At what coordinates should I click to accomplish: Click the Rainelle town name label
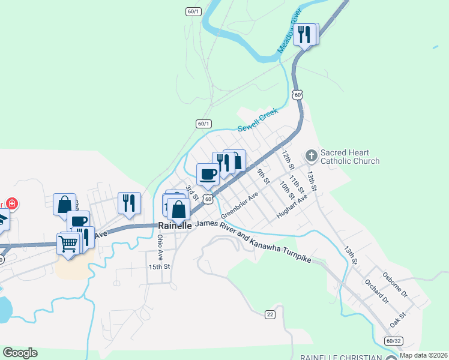click(x=175, y=226)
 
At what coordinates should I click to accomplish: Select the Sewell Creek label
click(x=258, y=120)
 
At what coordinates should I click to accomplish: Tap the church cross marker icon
click(x=311, y=156)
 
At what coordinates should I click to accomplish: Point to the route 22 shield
click(x=270, y=314)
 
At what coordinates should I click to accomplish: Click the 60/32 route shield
click(x=393, y=340)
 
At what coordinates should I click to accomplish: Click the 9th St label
click(x=263, y=177)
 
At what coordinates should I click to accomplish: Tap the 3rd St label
click(x=191, y=193)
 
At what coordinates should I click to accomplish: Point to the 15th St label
click(x=159, y=266)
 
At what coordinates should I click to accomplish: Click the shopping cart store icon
click(x=68, y=243)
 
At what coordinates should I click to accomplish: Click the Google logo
click(x=20, y=353)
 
